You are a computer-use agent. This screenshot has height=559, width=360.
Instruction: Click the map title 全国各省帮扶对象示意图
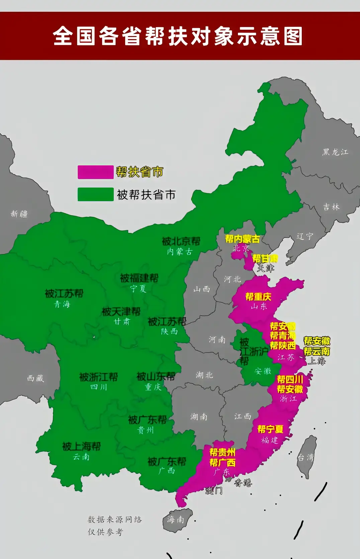tap(178, 36)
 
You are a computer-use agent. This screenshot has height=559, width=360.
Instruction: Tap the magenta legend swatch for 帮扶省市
tap(96, 172)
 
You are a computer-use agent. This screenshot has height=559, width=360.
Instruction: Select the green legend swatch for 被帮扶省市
tap(96, 195)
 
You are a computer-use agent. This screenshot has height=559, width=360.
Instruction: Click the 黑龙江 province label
tap(335, 152)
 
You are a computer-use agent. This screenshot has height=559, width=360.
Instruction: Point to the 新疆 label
tap(19, 214)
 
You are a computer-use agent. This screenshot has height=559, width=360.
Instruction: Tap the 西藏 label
tap(35, 378)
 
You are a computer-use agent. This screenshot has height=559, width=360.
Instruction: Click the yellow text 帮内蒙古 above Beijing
tap(242, 239)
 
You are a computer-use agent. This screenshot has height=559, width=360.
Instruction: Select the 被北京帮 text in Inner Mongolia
tap(181, 241)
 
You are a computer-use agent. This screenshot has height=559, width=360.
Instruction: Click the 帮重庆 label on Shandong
tap(258, 297)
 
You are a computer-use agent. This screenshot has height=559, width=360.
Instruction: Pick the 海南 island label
tap(176, 519)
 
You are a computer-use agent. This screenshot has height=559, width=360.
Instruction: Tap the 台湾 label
tap(305, 457)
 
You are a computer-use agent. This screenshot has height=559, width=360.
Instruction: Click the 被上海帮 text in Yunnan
tap(81, 446)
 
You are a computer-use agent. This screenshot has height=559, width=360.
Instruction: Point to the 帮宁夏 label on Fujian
tap(270, 429)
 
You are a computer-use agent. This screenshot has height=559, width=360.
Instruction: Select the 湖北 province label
tap(204, 375)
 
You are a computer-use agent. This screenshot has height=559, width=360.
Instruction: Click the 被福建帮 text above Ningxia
tap(139, 278)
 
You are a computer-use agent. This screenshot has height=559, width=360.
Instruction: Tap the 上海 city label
tap(317, 361)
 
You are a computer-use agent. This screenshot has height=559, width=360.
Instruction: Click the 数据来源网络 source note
tap(115, 520)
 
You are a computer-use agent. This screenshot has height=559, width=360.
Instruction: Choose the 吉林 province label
tap(331, 207)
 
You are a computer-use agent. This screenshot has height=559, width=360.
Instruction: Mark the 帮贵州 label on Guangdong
tap(222, 452)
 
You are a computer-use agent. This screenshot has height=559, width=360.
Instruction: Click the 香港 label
tap(243, 483)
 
